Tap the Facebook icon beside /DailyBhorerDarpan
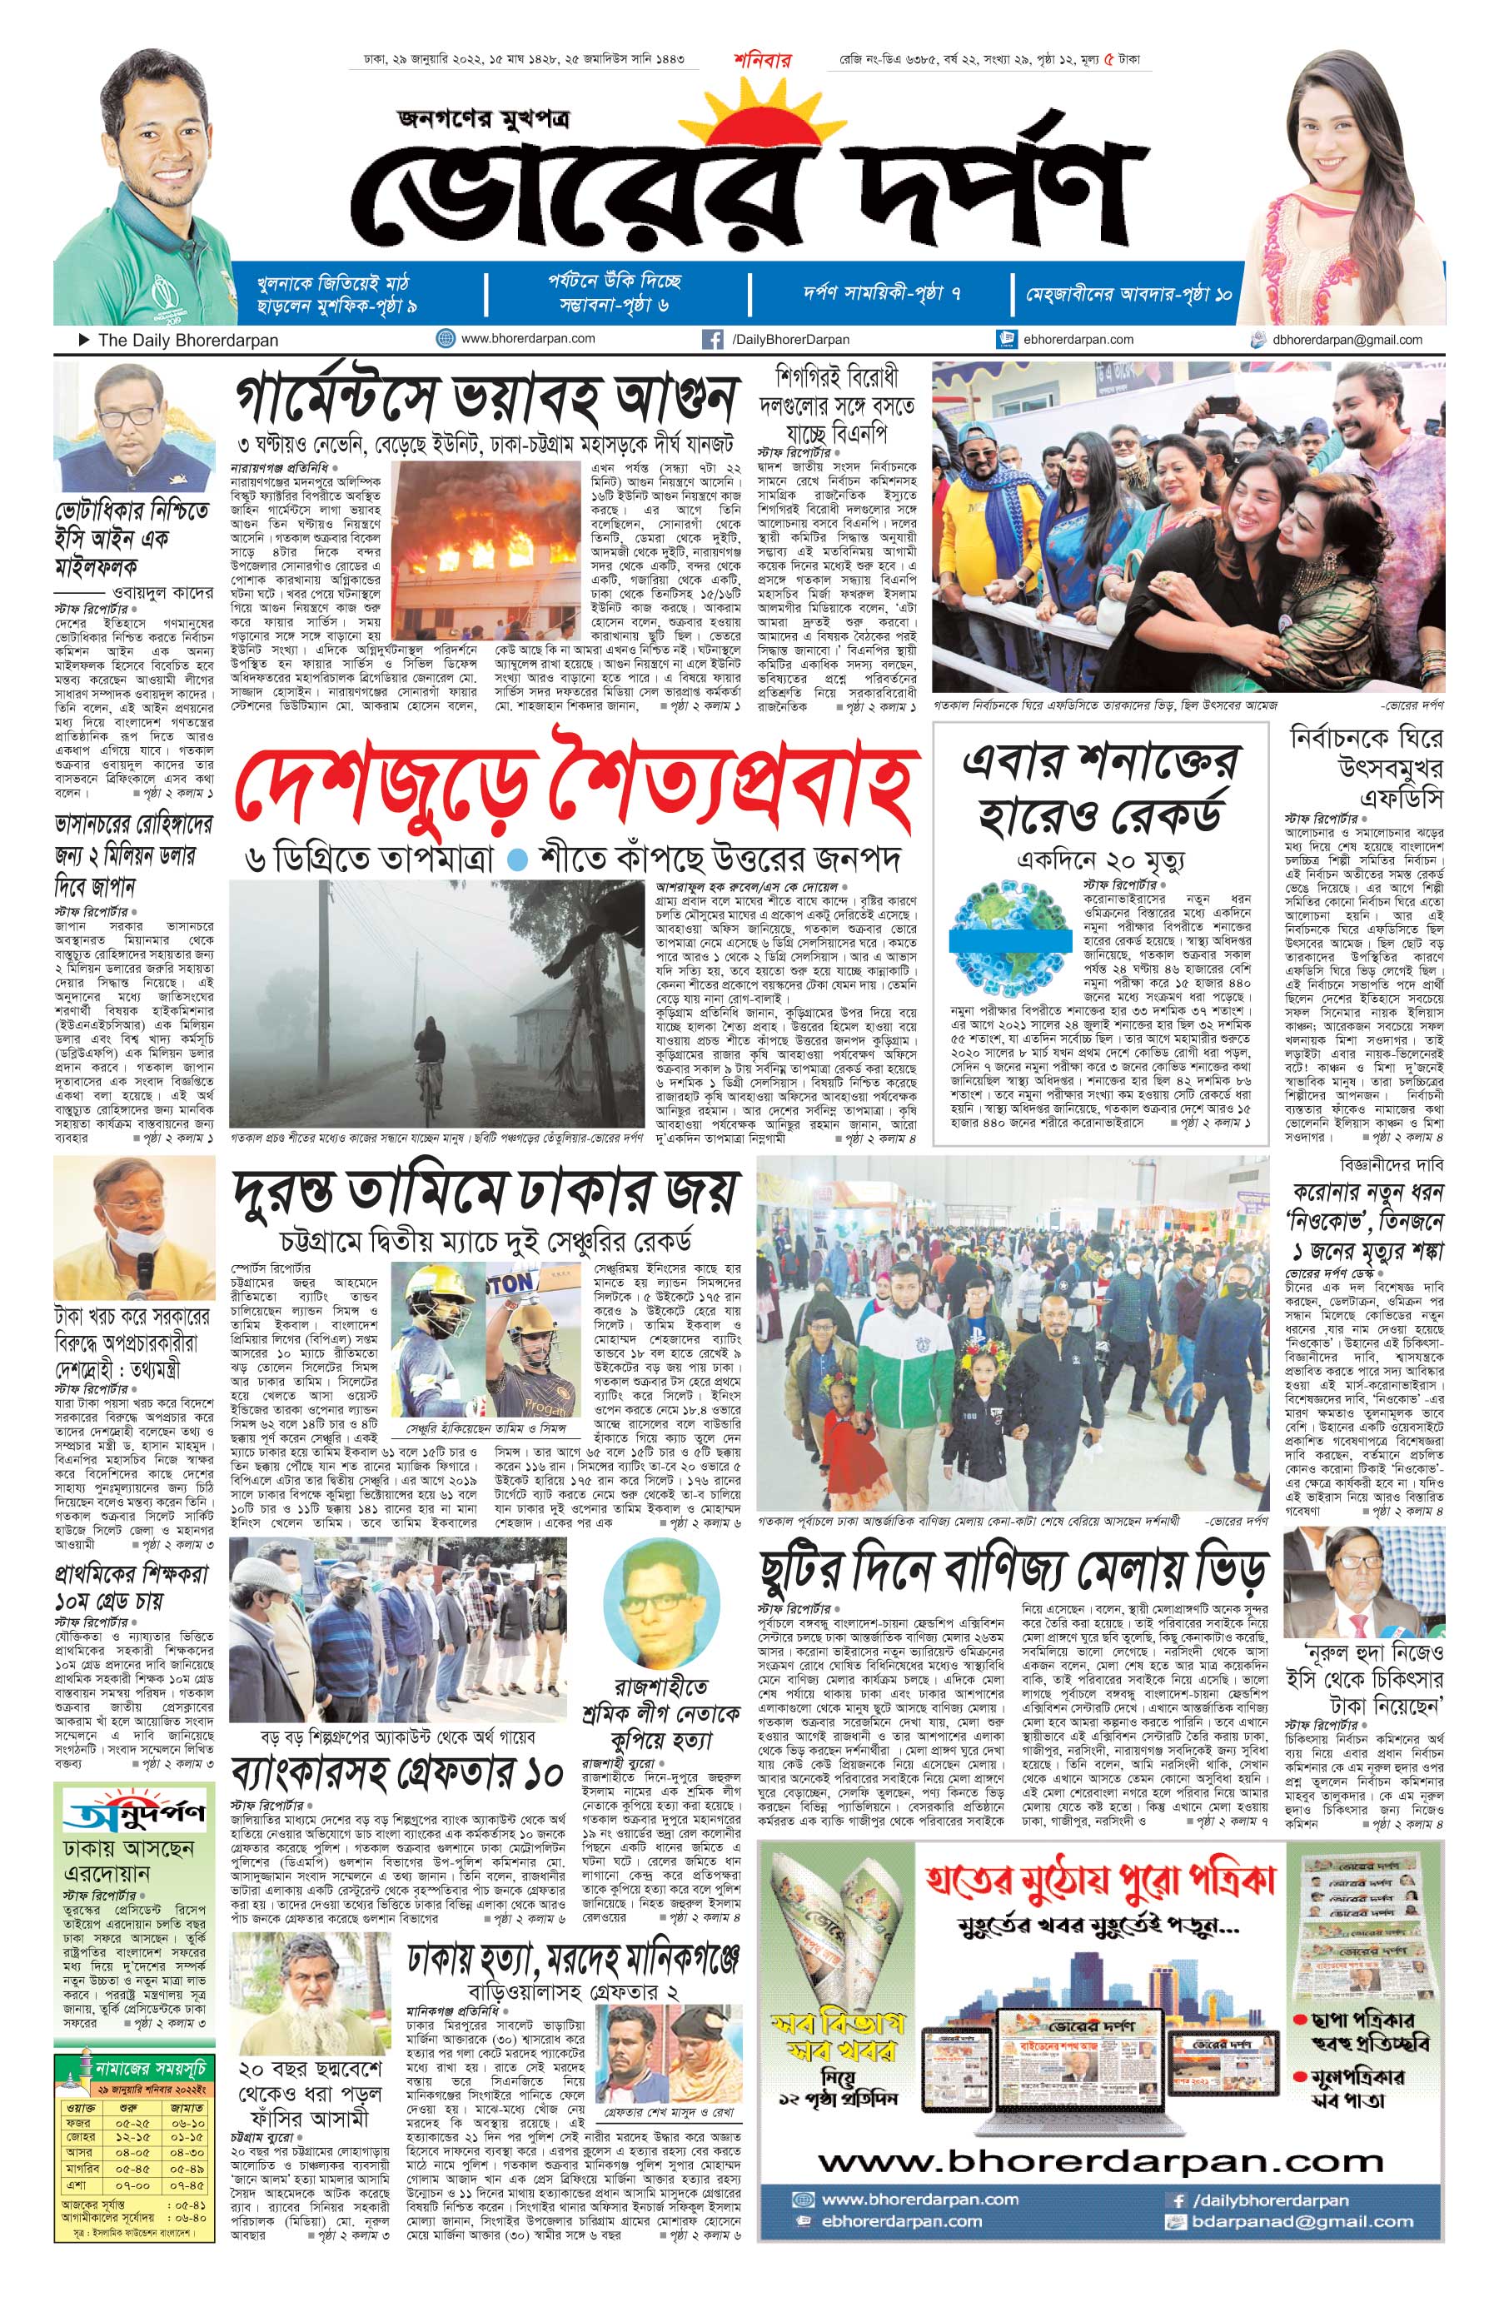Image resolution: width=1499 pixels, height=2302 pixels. (713, 340)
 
